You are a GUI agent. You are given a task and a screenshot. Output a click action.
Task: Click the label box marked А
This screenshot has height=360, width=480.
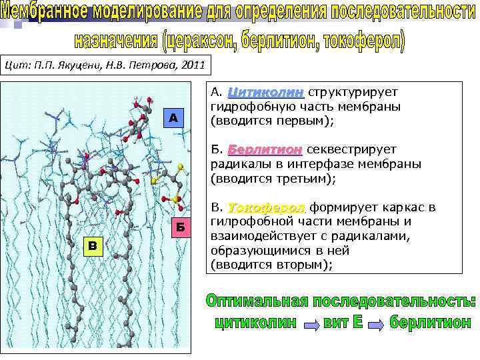(x=173, y=118)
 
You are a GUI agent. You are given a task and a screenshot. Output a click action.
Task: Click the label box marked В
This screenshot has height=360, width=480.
(x=93, y=247)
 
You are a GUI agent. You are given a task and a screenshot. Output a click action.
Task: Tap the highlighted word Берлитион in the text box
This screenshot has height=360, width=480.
(x=265, y=150)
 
